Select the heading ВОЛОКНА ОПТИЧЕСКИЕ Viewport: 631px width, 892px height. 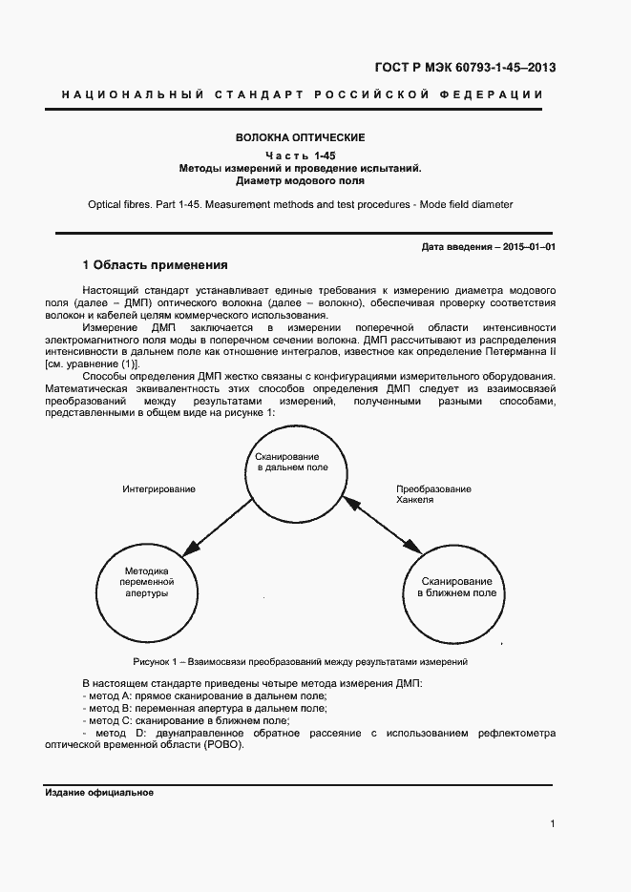click(x=301, y=138)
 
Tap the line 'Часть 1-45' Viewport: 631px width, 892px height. click(x=301, y=156)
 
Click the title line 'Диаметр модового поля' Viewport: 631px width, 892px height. click(x=301, y=180)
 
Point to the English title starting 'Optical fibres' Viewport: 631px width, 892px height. click(x=301, y=204)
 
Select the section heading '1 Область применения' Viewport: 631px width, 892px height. click(x=155, y=264)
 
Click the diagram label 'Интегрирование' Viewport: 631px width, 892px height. click(x=158, y=489)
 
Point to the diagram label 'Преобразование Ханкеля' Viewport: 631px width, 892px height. click(x=432, y=494)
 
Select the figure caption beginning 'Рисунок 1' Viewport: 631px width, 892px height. click(x=301, y=661)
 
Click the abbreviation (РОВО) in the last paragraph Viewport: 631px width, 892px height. click(x=225, y=745)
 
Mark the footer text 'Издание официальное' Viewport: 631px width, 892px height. click(x=99, y=793)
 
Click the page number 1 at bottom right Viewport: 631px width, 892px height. click(x=553, y=823)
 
